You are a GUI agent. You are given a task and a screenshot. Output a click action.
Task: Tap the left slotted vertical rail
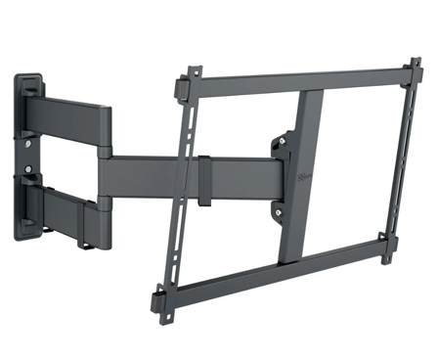click(181, 186)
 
